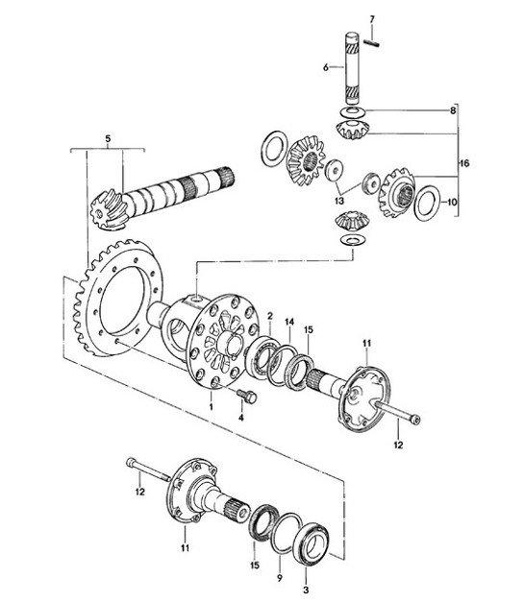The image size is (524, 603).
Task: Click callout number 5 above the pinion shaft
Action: click(x=109, y=139)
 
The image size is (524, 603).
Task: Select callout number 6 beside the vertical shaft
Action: click(x=326, y=66)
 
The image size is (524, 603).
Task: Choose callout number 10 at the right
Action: click(x=454, y=203)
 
